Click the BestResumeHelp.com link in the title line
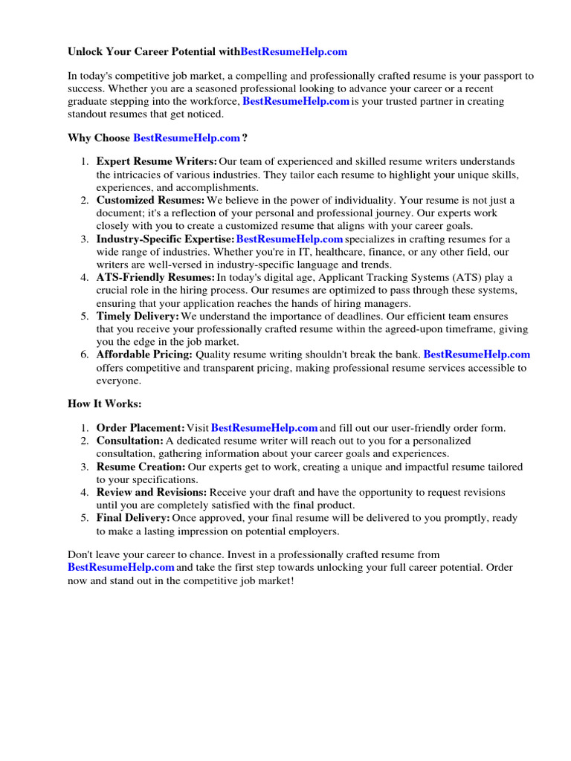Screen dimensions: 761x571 click(x=294, y=52)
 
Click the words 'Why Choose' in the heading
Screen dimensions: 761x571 click(x=99, y=137)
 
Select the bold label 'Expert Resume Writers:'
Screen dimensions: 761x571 click(x=157, y=161)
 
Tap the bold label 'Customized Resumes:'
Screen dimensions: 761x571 click(x=150, y=201)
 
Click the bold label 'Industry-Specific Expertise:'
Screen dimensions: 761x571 click(x=165, y=239)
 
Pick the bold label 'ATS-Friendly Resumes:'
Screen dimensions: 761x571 click(x=155, y=278)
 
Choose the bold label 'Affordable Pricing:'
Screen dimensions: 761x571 click(x=144, y=355)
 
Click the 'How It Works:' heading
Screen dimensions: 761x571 click(x=104, y=404)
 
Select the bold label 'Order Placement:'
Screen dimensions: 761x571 click(x=141, y=428)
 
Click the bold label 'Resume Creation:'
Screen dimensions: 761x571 click(x=141, y=467)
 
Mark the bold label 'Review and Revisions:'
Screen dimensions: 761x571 click(x=152, y=492)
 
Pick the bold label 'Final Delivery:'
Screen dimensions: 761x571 click(x=133, y=518)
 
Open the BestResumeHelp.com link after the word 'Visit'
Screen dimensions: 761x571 click(x=265, y=428)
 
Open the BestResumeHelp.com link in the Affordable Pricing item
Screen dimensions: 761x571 click(x=477, y=355)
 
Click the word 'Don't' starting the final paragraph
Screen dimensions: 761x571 click(x=81, y=554)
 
